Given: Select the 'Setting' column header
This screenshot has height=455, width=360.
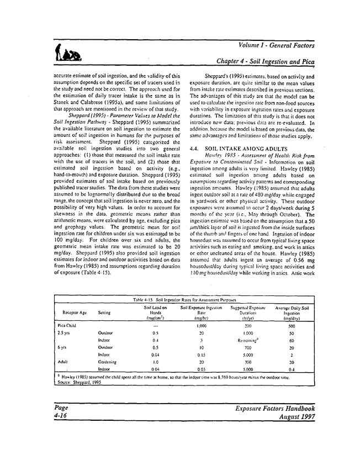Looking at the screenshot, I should (104, 311).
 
